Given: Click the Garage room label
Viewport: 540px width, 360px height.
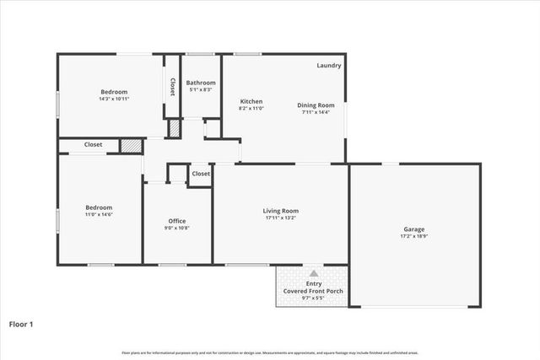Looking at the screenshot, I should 413,229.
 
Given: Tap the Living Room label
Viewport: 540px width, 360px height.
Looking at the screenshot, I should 282,211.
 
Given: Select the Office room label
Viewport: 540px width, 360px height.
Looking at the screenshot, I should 176,221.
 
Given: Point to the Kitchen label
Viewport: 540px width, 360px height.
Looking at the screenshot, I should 251,101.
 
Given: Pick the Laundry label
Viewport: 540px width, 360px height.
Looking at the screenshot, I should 329,66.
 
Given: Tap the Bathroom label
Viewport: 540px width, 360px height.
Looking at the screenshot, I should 202,83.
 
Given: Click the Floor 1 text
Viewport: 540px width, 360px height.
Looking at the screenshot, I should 21,323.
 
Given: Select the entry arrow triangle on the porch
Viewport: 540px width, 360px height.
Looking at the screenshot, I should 314,273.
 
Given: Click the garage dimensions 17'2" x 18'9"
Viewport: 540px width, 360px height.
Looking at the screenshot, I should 413,236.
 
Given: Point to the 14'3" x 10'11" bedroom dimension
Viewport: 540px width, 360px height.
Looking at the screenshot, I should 114,99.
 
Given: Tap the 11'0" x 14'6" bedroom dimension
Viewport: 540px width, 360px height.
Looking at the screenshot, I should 99,214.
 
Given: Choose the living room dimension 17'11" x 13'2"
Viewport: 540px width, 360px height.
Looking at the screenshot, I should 282,218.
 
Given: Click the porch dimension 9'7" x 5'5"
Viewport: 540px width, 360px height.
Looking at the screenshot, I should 314,298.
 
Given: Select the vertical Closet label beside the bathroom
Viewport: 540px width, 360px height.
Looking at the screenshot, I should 172,87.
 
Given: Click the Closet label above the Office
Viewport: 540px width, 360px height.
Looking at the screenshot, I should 201,174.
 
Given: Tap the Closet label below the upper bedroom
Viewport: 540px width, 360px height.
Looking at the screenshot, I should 93,145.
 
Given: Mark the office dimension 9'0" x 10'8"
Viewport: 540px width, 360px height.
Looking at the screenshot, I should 176,228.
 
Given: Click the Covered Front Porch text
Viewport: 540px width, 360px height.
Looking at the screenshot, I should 314,291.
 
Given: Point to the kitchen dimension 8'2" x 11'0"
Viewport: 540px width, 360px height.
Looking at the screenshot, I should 251,109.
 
